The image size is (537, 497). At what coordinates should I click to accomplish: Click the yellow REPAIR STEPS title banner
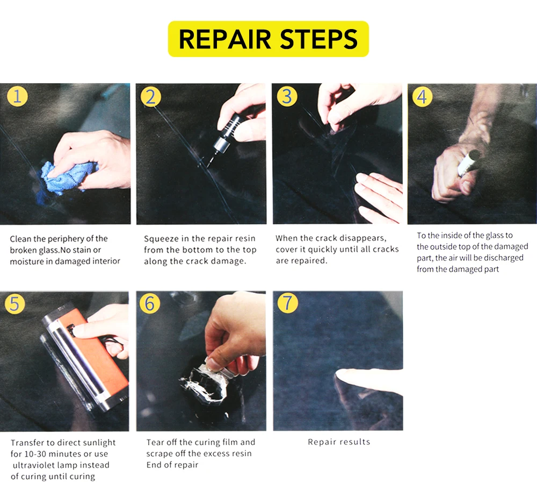(x=268, y=39)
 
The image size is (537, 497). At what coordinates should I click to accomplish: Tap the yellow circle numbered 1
(x=17, y=96)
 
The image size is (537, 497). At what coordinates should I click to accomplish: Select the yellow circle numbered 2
(x=151, y=97)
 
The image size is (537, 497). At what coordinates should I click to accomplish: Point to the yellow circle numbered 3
(x=287, y=96)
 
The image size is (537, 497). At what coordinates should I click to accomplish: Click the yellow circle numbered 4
(x=422, y=96)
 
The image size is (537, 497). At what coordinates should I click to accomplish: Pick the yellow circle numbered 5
(x=14, y=303)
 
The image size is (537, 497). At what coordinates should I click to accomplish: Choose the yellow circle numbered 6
(x=150, y=303)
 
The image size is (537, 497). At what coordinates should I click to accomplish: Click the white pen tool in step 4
(x=466, y=163)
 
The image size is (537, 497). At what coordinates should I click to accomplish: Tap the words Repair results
(x=339, y=442)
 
